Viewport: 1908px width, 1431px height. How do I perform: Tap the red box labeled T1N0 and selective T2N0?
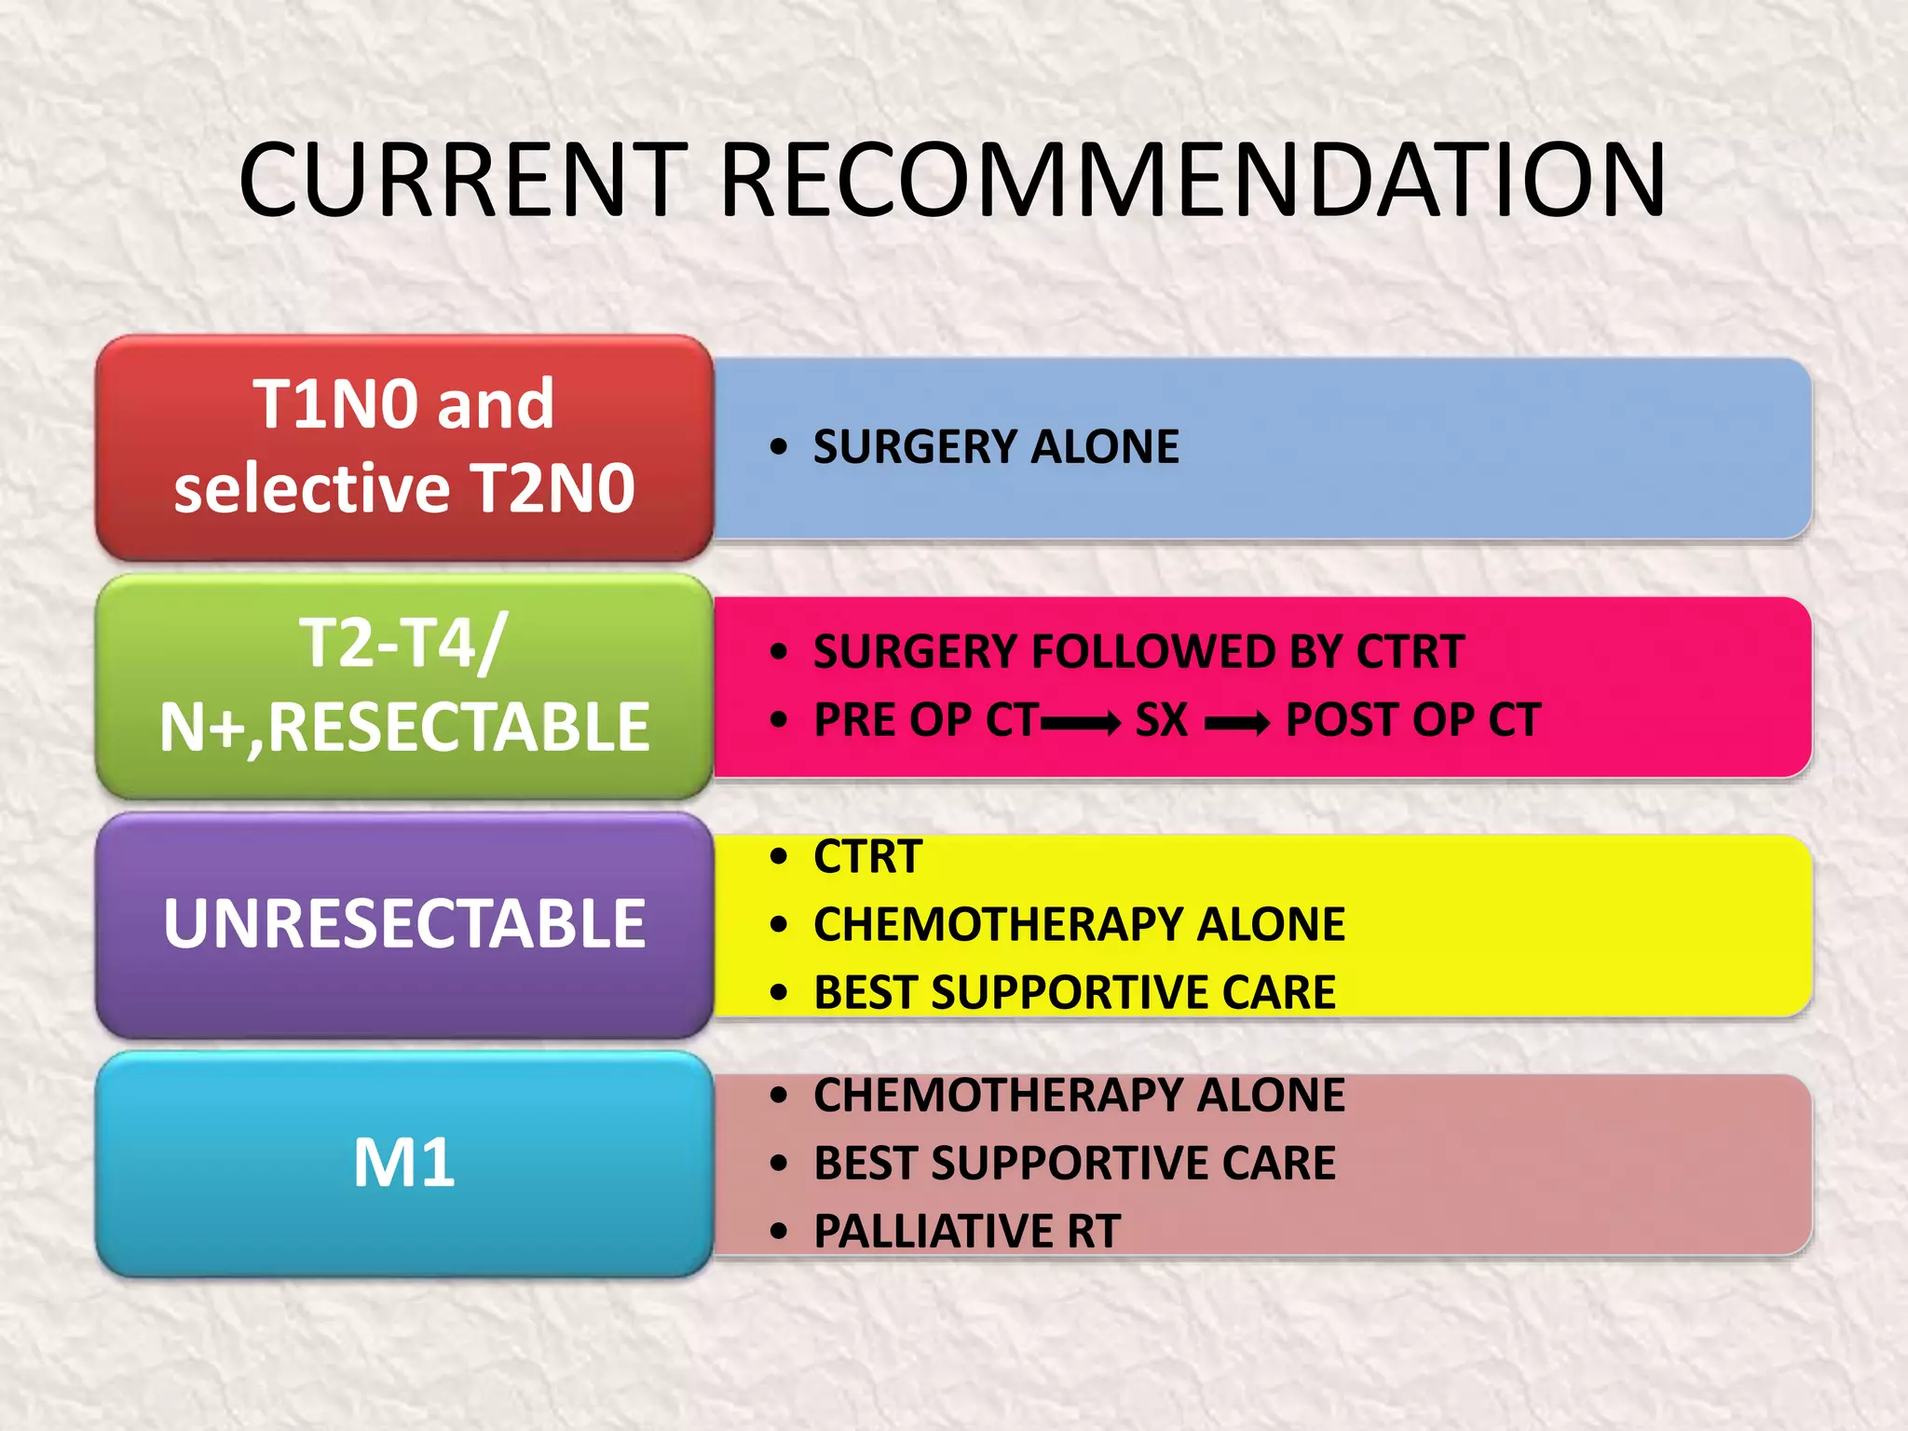click(404, 446)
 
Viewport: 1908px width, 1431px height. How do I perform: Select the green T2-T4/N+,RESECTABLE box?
click(404, 686)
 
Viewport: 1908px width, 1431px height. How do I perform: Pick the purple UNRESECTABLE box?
click(404, 924)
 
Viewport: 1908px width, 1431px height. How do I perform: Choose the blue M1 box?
click(404, 1163)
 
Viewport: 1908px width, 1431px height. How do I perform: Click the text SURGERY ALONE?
click(996, 446)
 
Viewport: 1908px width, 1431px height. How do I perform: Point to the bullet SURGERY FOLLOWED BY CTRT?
click(1138, 651)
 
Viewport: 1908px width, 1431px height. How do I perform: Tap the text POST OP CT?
click(1412, 720)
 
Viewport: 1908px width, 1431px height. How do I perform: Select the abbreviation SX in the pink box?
click(1161, 720)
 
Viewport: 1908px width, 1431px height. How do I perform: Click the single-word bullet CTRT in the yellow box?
click(867, 856)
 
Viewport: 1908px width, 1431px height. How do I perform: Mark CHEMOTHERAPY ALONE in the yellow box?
click(1079, 924)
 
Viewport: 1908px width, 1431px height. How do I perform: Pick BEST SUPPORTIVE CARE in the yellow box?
click(1074, 992)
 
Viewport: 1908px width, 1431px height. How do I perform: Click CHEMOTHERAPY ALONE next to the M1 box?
click(1079, 1095)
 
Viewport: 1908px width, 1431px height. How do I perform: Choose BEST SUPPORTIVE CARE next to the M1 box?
click(1074, 1163)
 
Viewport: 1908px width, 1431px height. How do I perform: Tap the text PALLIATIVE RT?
click(967, 1231)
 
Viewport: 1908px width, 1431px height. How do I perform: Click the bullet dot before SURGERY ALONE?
click(779, 447)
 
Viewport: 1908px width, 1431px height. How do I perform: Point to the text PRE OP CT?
click(926, 720)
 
